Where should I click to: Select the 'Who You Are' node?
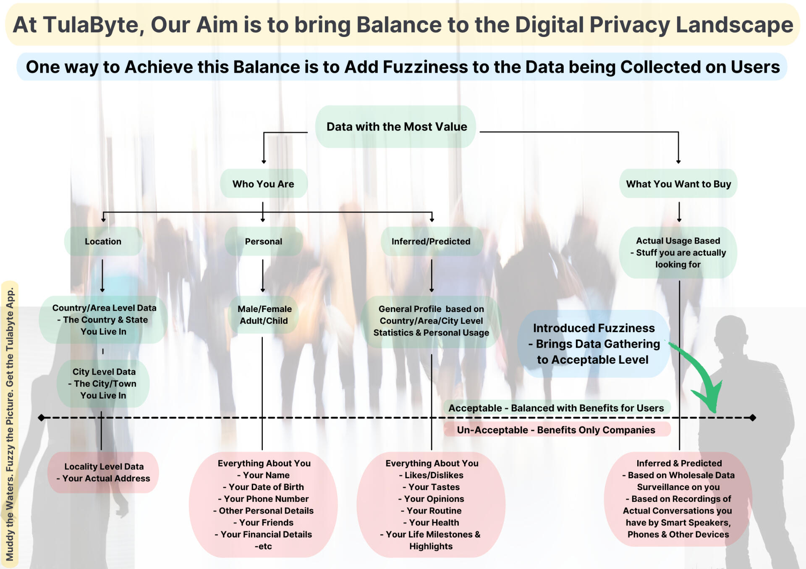tap(263, 184)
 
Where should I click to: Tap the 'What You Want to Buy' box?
tap(678, 184)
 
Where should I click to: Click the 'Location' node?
tap(103, 241)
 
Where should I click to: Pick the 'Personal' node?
tap(263, 241)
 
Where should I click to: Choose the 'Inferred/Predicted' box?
tap(431, 241)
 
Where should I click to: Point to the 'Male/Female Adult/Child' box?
tap(264, 315)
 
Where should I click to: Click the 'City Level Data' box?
tap(103, 383)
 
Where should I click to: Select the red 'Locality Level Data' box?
tap(103, 472)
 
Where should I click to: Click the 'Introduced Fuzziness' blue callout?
tap(593, 344)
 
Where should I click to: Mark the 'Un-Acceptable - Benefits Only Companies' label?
tap(556, 430)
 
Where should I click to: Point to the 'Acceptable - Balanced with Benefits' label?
tap(556, 408)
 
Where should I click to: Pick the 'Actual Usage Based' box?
tap(678, 252)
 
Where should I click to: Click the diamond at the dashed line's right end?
tap(753, 418)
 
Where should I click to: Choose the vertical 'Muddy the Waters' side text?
tap(10, 424)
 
